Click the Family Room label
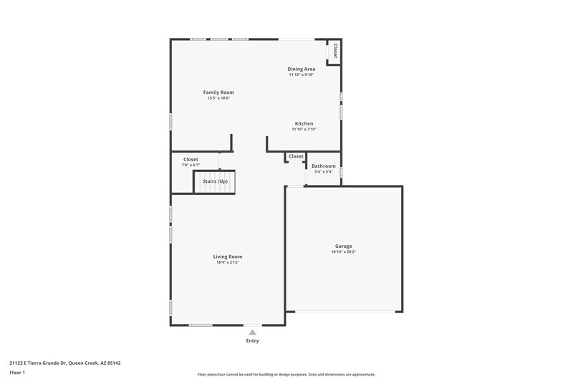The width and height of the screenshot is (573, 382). coord(218,92)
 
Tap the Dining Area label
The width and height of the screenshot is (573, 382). coord(302,69)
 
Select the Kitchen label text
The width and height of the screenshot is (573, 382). coord(304,123)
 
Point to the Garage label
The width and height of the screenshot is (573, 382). coord(344,246)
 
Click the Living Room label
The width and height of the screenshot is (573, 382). coord(228,257)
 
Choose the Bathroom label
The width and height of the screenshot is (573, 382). coord(324,166)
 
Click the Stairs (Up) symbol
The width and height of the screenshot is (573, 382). coord(215,181)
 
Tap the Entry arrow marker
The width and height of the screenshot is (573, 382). coord(252,332)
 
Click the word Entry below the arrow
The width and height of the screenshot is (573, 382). coord(252,340)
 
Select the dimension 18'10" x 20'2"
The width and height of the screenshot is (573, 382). coord(344,252)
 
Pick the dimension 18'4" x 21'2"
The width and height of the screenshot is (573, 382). coord(228,262)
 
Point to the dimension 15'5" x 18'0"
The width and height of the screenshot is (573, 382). coord(218,98)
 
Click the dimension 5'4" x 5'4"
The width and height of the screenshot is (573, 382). coord(324,172)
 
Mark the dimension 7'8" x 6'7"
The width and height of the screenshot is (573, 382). coord(191,166)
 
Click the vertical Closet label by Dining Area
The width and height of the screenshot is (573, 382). coord(334,51)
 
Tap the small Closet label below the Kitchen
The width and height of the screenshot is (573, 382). coord(296,156)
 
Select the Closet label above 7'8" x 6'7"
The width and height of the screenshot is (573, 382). coord(191,159)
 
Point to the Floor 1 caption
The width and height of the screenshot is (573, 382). coord(18,373)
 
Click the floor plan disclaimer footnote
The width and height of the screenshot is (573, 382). coord(286,374)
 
